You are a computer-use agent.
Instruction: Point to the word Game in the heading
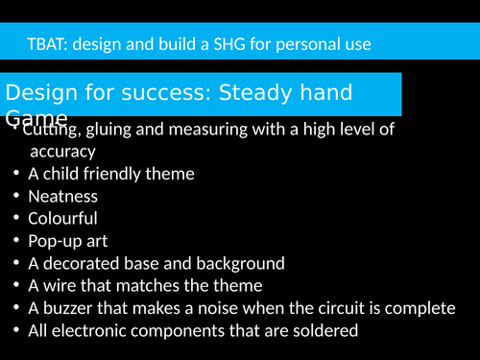[36, 117]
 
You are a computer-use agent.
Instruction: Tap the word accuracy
[63, 151]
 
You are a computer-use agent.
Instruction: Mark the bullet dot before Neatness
[18, 196]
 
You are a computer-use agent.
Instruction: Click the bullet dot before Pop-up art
[18, 241]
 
